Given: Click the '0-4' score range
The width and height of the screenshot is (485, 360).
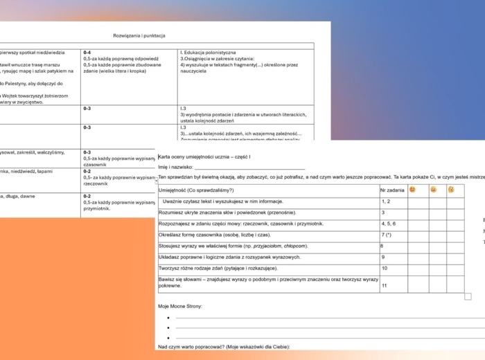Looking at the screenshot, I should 87,52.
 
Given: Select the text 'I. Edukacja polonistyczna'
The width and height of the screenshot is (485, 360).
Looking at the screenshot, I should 208,52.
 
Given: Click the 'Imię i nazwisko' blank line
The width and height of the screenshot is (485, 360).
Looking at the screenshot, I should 249,168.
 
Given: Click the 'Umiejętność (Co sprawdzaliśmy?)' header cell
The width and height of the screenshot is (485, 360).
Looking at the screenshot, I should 196,190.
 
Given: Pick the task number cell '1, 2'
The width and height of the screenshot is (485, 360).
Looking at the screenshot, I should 385,201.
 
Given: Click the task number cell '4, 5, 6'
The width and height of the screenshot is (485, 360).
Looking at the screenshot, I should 389,224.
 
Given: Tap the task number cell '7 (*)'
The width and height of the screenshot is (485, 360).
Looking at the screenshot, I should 387,235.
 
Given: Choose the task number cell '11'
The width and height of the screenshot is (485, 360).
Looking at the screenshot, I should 384,285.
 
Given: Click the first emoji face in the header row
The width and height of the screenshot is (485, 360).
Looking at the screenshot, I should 413,189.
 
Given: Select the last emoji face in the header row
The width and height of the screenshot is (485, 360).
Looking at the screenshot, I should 451,189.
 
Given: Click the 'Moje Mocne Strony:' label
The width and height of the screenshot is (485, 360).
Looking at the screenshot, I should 180,305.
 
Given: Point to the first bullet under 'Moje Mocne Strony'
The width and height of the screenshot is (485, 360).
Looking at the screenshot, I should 168,318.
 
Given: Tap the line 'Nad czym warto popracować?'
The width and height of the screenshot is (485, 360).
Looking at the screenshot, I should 223,346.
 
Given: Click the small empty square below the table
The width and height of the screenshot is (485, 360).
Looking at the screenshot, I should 468,296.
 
